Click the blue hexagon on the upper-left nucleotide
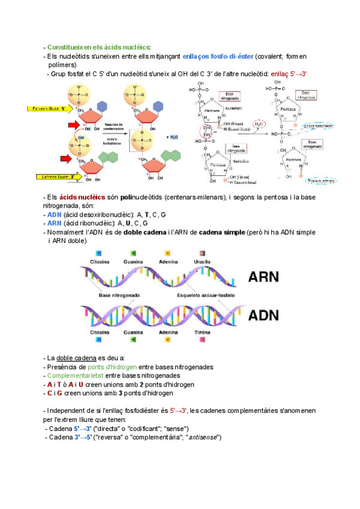tap(103, 106)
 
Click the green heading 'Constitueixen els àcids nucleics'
tap(99, 47)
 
